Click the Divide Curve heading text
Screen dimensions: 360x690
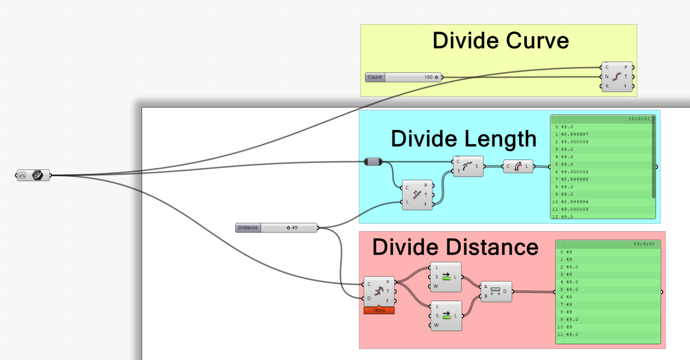tap(500, 41)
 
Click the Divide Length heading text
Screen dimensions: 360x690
tap(463, 139)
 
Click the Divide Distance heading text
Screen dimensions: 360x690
tap(455, 247)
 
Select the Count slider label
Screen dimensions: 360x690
tap(375, 77)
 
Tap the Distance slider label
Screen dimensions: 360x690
tap(248, 228)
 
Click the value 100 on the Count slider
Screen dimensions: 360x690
tap(428, 77)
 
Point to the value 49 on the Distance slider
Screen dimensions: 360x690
tap(294, 228)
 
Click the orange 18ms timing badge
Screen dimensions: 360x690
tap(379, 310)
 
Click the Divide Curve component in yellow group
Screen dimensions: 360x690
tap(616, 76)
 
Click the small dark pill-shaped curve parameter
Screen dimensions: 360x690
tap(373, 162)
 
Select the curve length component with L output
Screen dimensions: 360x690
tap(518, 166)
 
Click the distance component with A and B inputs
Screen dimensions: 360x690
tap(496, 292)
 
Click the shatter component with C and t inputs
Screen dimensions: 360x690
tap(468, 166)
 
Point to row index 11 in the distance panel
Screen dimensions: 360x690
tap(560, 334)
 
